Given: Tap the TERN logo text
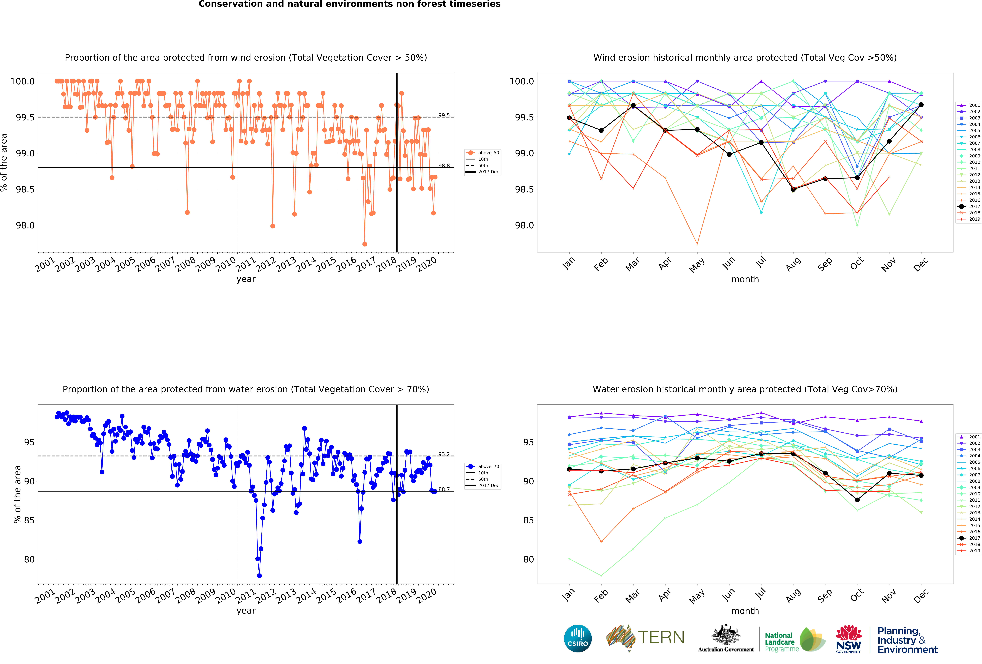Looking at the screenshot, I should (661, 637).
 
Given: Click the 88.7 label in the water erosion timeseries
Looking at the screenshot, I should (444, 489).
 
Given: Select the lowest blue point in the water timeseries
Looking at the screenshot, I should (259, 576).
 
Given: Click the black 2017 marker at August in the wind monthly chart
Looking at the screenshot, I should (793, 190).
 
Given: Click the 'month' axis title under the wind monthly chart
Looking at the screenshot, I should (745, 279).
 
